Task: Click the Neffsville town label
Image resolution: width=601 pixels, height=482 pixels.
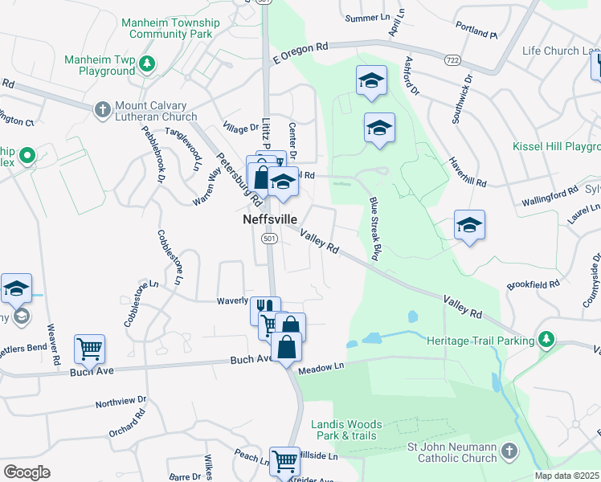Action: [270, 219]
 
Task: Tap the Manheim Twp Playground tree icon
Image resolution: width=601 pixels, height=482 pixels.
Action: [146, 63]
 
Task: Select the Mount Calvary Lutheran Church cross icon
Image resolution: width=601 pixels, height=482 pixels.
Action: [102, 108]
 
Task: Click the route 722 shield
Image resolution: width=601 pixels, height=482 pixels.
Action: [452, 59]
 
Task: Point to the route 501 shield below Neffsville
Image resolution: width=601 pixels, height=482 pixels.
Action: [269, 239]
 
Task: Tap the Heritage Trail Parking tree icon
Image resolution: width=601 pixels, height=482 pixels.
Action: [546, 340]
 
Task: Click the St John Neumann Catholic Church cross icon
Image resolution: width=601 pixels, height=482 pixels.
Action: [508, 451]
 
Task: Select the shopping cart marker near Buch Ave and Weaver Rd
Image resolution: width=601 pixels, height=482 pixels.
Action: [89, 349]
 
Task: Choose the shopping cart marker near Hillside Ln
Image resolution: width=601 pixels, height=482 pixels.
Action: [284, 461]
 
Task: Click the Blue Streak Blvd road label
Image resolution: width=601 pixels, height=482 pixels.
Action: [374, 228]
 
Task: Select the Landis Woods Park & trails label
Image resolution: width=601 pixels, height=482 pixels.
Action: [347, 430]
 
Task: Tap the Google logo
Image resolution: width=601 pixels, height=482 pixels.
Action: [27, 472]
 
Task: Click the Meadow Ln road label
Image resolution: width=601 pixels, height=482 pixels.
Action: [321, 368]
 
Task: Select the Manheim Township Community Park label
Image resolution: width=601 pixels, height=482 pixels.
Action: [167, 29]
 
